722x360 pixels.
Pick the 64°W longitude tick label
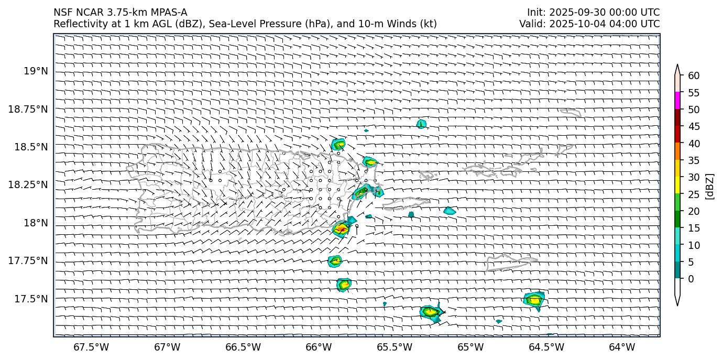click(622, 347)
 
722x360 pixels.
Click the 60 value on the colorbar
click(694, 76)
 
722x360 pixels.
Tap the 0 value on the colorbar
click(691, 279)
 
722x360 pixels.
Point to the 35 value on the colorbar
click(694, 160)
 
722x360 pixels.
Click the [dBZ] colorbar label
click(710, 186)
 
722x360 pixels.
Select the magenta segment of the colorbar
click(677, 101)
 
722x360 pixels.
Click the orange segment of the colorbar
click(677, 151)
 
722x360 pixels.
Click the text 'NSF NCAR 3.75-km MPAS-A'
click(120, 13)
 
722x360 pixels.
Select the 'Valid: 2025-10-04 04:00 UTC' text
click(589, 24)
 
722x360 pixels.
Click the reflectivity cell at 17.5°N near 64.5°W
click(534, 300)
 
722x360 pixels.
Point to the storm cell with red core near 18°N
click(341, 228)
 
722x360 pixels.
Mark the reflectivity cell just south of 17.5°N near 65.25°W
click(431, 312)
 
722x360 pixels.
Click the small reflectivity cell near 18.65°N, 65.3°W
click(421, 124)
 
